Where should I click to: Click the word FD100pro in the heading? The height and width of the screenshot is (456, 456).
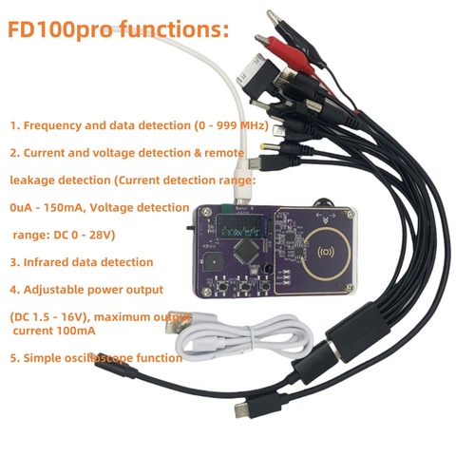click(x=60, y=29)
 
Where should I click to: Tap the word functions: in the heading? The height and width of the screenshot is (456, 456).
click(x=174, y=28)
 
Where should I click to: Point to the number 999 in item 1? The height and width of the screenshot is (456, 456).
click(x=227, y=125)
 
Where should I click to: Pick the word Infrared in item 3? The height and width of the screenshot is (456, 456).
click(x=46, y=262)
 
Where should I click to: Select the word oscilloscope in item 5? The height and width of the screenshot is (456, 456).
click(x=99, y=358)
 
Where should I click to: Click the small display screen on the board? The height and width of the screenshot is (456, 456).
click(x=241, y=227)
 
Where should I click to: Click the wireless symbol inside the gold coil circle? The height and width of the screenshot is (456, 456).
click(x=326, y=252)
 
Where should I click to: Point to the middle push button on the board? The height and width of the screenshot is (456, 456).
click(x=244, y=286)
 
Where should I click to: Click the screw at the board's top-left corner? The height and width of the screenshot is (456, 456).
click(x=207, y=211)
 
